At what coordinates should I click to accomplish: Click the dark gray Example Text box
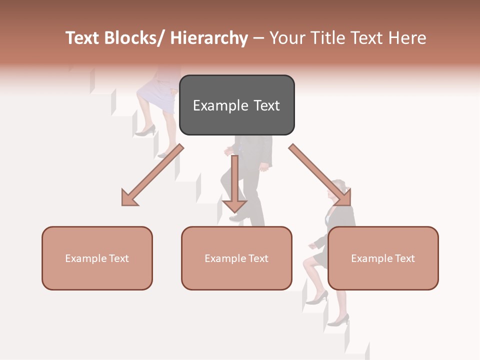[236, 105]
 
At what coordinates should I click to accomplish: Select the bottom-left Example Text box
[97, 258]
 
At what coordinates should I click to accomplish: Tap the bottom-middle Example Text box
[236, 258]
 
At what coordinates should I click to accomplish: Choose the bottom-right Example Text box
[383, 258]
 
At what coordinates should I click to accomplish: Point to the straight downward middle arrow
[234, 185]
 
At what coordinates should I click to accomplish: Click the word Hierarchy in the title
[209, 38]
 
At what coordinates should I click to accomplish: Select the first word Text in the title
[83, 38]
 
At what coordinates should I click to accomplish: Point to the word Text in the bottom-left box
[118, 258]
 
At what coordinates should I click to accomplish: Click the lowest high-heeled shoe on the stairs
[339, 320]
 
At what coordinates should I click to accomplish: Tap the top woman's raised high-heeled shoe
[145, 131]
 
